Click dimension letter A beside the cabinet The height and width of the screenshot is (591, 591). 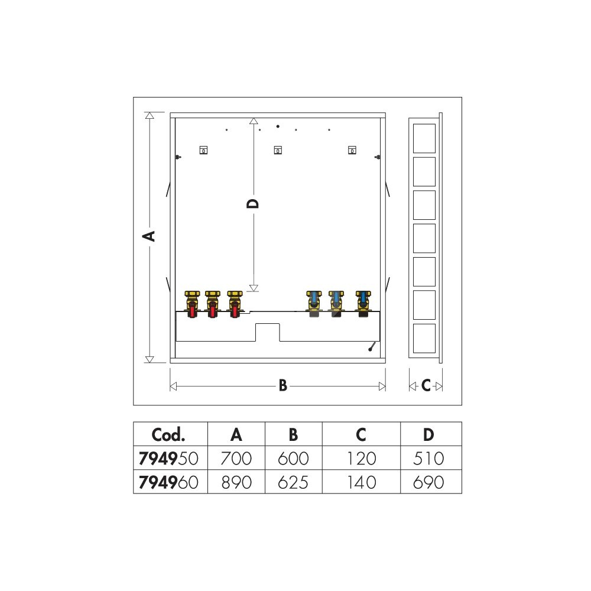pyautogui.click(x=149, y=236)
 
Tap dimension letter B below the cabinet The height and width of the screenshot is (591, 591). pyautogui.click(x=283, y=385)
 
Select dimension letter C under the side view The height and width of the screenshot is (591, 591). pyautogui.click(x=426, y=385)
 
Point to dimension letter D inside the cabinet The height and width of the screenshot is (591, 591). pyautogui.click(x=253, y=204)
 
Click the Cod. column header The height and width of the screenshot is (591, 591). pyautogui.click(x=168, y=434)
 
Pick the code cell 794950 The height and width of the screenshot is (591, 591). pyautogui.click(x=168, y=459)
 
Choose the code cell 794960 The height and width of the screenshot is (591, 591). pyautogui.click(x=168, y=482)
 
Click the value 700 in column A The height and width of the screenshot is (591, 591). pyautogui.click(x=236, y=459)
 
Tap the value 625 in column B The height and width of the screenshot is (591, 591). pyautogui.click(x=293, y=482)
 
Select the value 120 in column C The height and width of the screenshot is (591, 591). pyautogui.click(x=362, y=459)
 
